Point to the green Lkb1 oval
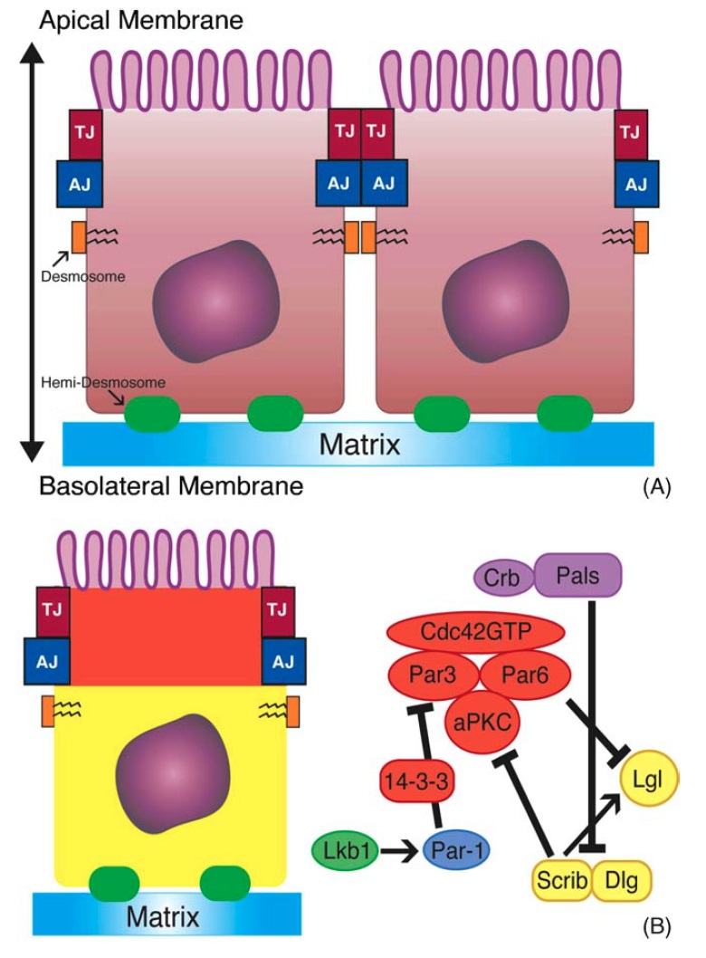tap(347, 852)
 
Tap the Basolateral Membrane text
tap(170, 487)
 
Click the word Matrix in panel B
tap(162, 918)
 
